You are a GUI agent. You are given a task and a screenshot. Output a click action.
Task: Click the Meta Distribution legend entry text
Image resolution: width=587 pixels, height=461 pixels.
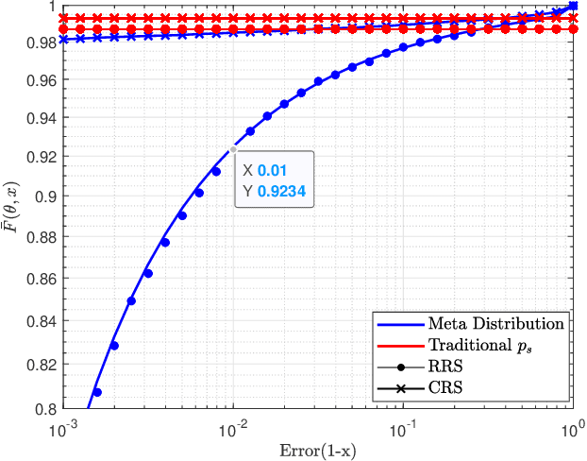click(496, 324)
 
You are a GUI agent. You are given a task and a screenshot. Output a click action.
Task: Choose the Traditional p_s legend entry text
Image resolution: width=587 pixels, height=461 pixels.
click(479, 345)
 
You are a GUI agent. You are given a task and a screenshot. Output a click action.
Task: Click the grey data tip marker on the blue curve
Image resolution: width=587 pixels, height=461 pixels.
click(232, 148)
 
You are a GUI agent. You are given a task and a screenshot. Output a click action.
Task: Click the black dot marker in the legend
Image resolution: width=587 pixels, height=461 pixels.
click(400, 367)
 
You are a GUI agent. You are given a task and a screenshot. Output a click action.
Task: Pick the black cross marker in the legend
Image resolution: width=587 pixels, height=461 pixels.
click(400, 387)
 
